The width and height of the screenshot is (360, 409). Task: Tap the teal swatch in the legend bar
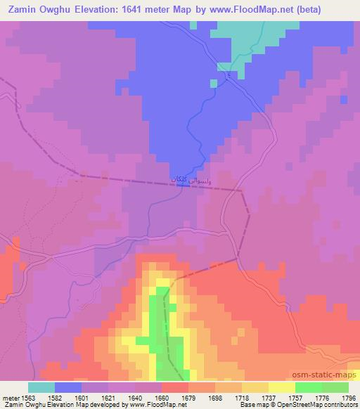point(41,387)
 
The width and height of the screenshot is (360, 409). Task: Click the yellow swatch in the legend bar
point(282,387)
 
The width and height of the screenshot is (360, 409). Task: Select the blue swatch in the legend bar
point(68,387)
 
